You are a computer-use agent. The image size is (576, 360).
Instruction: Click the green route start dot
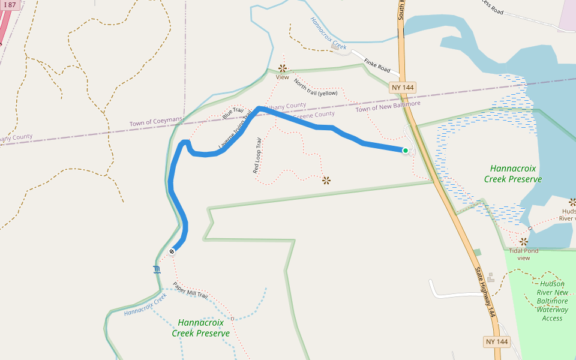(x=406, y=151)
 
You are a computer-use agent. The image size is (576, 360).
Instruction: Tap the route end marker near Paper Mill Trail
(x=172, y=251)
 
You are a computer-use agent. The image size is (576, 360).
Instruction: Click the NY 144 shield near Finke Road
(x=402, y=88)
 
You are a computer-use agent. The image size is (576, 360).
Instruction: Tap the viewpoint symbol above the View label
(x=282, y=68)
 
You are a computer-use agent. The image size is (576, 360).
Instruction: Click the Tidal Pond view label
(x=524, y=254)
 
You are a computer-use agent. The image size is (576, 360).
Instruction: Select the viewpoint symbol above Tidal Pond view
(x=524, y=241)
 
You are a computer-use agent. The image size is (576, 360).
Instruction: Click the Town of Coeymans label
(x=155, y=122)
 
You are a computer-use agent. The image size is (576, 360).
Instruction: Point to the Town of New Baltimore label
(x=388, y=106)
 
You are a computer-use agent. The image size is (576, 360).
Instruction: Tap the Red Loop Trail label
(x=257, y=157)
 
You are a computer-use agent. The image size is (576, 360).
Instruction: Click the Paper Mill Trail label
(x=190, y=291)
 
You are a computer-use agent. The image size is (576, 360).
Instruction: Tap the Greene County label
(x=314, y=115)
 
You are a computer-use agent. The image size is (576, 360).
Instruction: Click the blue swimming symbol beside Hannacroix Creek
(x=157, y=269)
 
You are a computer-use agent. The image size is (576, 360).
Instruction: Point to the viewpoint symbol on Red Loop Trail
(x=326, y=180)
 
